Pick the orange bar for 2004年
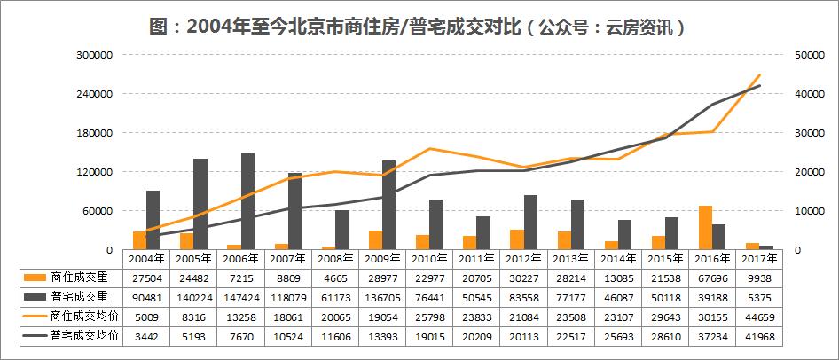click(x=138, y=240)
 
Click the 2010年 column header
click(x=428, y=259)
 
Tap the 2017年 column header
click(x=759, y=259)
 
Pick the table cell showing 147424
click(x=240, y=297)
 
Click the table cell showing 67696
click(x=712, y=278)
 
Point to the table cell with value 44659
click(x=759, y=317)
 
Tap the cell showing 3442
click(x=145, y=338)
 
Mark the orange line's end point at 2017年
click(x=760, y=75)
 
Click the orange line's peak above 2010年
click(x=429, y=148)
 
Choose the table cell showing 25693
click(x=618, y=338)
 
